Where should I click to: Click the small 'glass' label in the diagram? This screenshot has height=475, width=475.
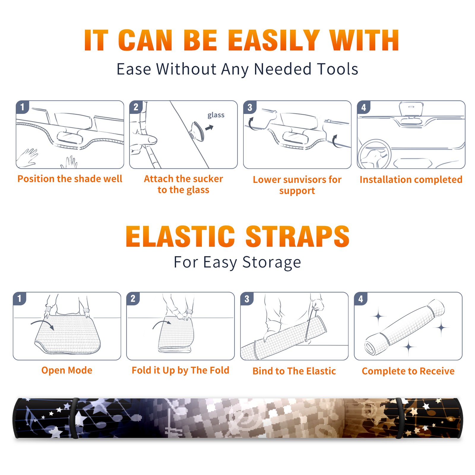[216, 115]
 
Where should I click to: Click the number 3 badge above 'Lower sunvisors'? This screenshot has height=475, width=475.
[250, 107]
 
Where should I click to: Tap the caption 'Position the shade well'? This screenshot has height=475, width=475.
[70, 179]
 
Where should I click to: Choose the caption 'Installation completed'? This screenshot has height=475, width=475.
[411, 180]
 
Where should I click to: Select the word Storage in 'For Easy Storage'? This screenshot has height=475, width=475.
[272, 262]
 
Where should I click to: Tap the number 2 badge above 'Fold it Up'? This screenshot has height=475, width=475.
[133, 299]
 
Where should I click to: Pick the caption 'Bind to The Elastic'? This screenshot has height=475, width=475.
[294, 371]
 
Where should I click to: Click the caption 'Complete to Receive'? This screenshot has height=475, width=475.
[408, 371]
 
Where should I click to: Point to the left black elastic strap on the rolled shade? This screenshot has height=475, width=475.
[74, 418]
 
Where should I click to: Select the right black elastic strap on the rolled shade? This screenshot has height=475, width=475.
[399, 418]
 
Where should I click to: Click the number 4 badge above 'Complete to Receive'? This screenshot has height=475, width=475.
[361, 299]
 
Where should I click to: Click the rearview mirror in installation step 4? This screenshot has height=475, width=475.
[411, 109]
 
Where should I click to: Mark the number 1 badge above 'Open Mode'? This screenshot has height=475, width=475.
[20, 299]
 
